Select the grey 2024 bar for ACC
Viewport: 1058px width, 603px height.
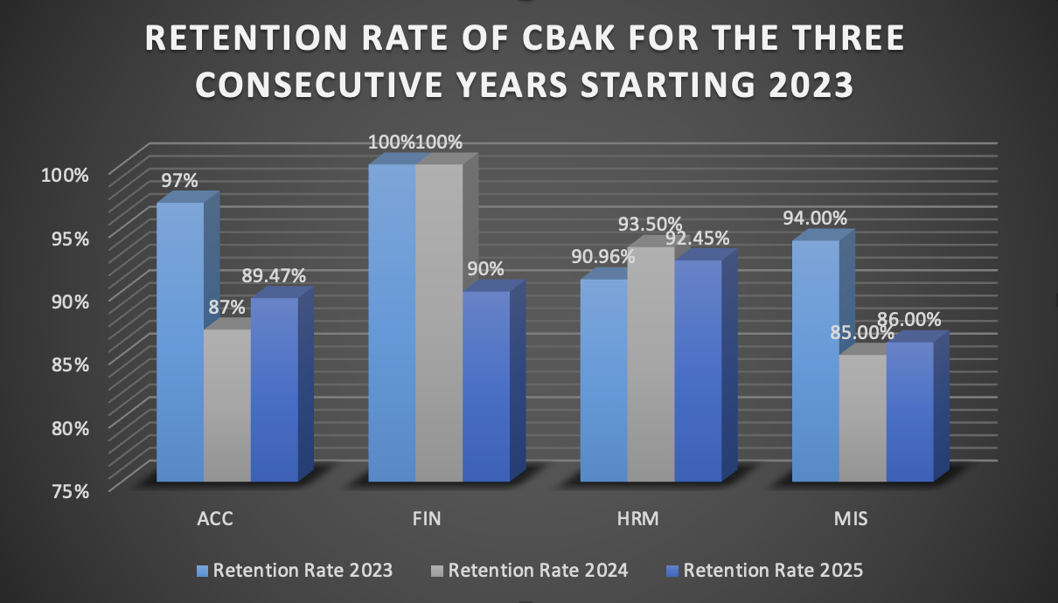pos(227,405)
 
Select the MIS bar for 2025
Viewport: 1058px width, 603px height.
pos(909,412)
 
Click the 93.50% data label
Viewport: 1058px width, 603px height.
pos(650,225)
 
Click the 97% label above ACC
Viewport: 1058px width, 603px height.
pos(178,181)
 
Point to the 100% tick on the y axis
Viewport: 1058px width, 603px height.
pos(65,174)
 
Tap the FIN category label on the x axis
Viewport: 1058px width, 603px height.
pos(426,518)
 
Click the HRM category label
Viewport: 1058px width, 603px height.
pos(637,518)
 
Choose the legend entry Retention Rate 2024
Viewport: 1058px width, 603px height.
pos(538,571)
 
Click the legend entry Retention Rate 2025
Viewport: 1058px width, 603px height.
pos(773,571)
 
